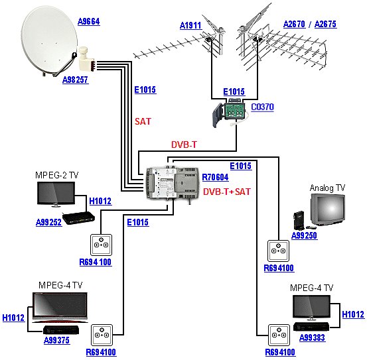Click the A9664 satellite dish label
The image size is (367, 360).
click(89, 21)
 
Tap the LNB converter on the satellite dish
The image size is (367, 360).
click(86, 58)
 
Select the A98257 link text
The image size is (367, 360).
click(76, 80)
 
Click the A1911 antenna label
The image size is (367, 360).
click(190, 25)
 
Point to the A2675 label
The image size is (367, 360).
click(325, 24)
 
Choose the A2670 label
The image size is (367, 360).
click(295, 24)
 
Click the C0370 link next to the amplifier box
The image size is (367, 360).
click(262, 107)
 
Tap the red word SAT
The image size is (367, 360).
click(143, 121)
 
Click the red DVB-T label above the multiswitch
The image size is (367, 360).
click(184, 145)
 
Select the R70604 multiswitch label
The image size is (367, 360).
click(215, 177)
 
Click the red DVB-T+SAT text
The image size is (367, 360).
click(227, 192)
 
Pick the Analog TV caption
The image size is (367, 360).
click(327, 188)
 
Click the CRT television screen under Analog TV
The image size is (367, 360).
click(328, 210)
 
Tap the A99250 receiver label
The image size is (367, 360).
click(304, 235)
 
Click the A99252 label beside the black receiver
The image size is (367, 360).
click(49, 222)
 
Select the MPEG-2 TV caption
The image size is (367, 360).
click(56, 175)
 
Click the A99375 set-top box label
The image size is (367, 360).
click(57, 340)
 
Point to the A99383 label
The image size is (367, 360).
click(312, 337)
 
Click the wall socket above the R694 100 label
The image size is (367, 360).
click(101, 245)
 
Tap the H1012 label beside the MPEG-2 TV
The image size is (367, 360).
click(100, 201)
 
